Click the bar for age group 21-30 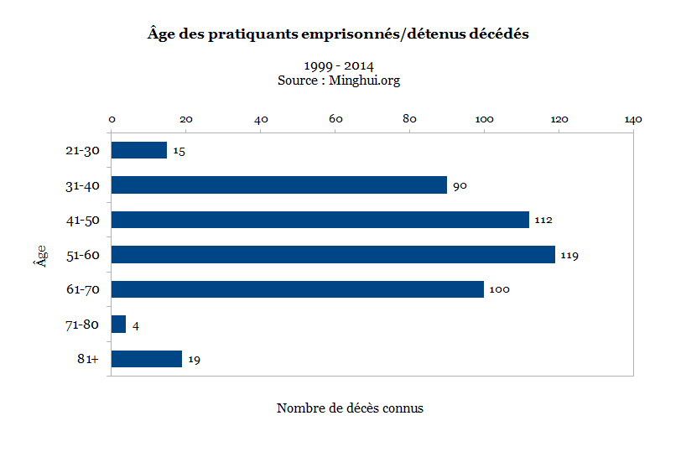pos(139,150)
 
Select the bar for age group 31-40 pos(278,185)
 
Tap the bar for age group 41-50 pos(320,220)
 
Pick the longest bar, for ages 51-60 pos(333,254)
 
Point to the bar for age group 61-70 pos(298,289)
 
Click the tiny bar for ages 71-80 pos(119,324)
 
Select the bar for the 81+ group pos(147,359)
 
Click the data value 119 pos(570,255)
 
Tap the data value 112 pos(543,221)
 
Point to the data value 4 pos(136,325)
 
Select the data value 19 pos(195,360)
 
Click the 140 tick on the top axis pos(632,119)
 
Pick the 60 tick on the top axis pos(335,119)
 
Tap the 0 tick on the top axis pos(112,119)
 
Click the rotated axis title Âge pos(39,253)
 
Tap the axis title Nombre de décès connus pos(350,408)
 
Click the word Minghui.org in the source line pos(365,81)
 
